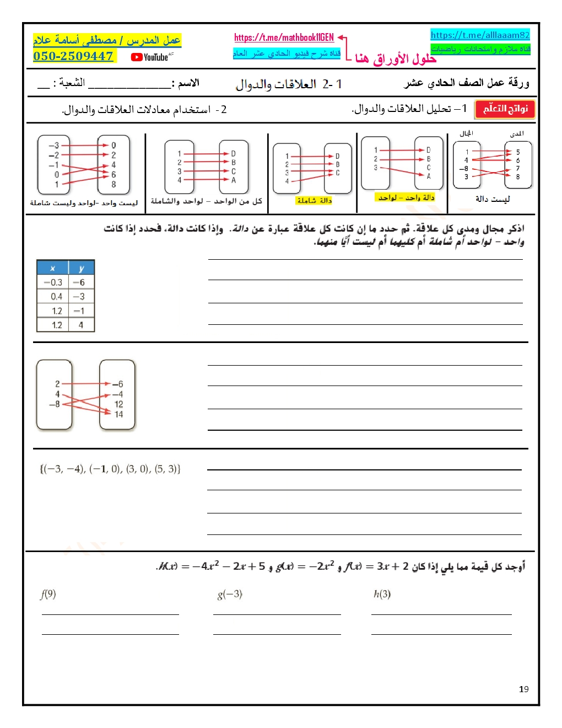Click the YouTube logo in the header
pos(150,57)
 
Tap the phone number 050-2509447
pos(73,56)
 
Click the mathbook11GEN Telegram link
pos(284,38)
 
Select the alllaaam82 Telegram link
pos(480,35)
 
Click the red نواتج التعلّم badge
pos(505,109)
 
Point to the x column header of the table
pos(52,268)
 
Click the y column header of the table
pos(82,268)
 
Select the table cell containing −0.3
pos(53,282)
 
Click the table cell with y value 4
pos(81,325)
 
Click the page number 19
pos(523,689)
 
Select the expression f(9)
pos(48,594)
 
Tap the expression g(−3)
pos(229,594)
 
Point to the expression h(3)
pos(382,594)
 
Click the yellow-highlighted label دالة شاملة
pos(314,200)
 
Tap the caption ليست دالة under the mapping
pos(493,199)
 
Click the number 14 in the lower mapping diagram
pos(118,414)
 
